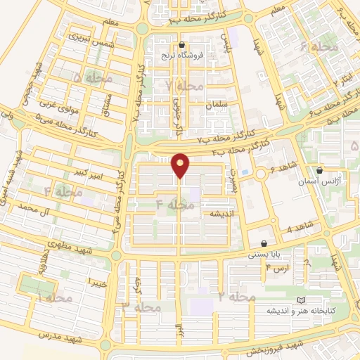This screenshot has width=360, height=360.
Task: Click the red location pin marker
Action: point(181,165)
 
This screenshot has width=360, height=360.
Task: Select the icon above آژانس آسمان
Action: point(320,170)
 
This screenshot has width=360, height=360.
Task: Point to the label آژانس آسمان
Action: point(321,182)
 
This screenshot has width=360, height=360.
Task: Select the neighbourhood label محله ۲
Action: point(236,297)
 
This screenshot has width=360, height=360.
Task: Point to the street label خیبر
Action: point(96,282)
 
